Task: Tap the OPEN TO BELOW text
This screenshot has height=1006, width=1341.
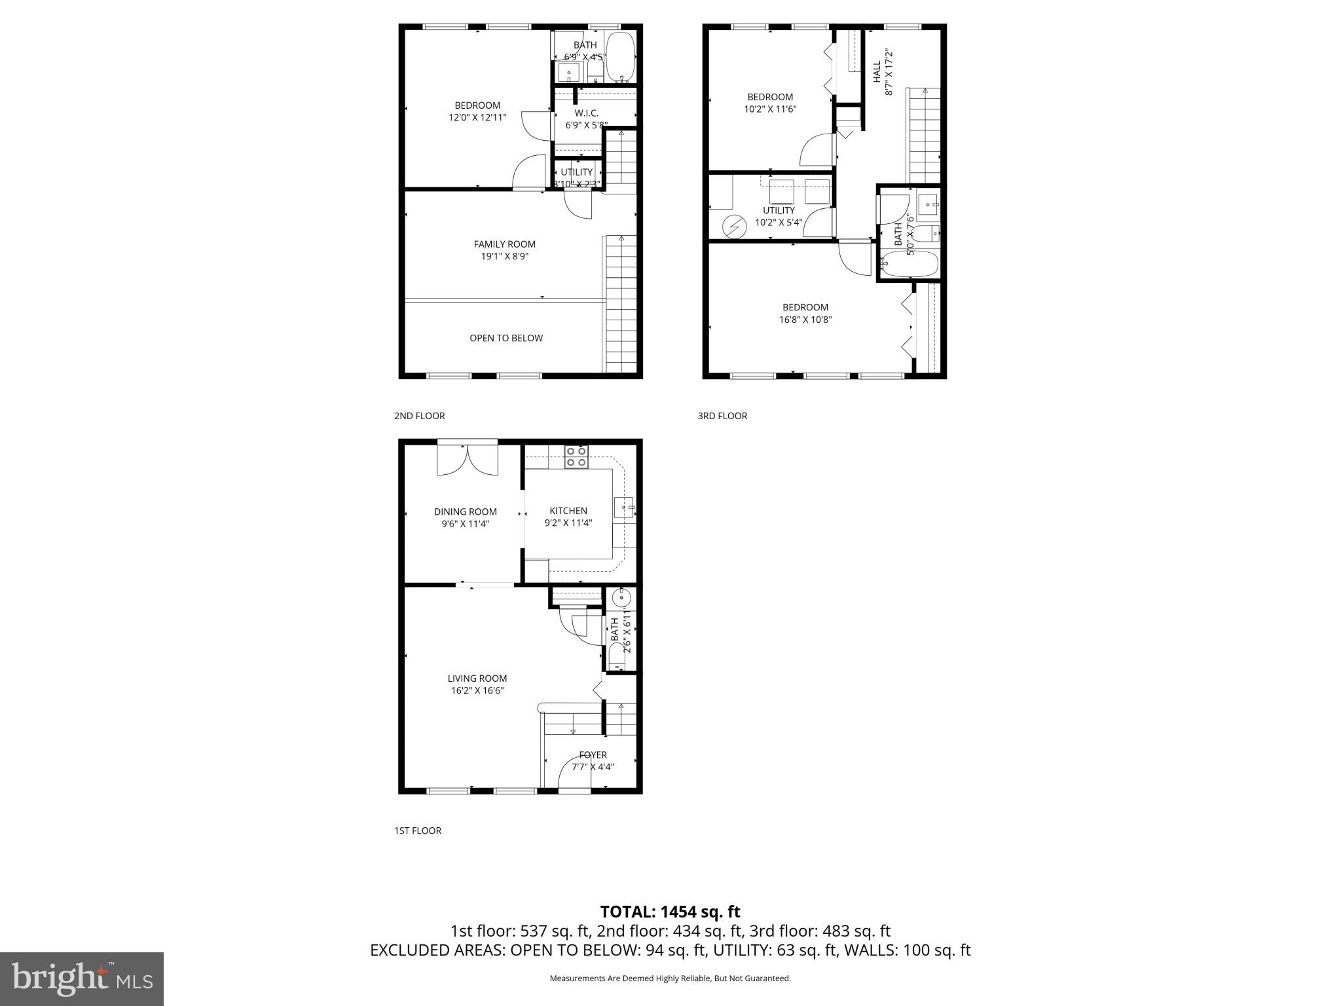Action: tap(505, 338)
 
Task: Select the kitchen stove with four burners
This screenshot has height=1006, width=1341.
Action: tap(576, 456)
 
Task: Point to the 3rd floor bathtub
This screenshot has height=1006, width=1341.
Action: tap(910, 265)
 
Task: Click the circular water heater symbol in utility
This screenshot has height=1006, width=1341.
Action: tap(734, 227)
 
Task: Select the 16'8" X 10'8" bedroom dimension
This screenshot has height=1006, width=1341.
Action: tap(805, 320)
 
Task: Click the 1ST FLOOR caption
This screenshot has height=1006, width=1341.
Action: tap(418, 830)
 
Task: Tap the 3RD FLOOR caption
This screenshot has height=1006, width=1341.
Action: tap(722, 416)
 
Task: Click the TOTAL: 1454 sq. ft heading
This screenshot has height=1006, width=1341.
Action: tap(670, 912)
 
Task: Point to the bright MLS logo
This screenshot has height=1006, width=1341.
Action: tap(82, 978)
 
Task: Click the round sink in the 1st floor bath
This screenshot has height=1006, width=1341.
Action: tap(620, 598)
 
